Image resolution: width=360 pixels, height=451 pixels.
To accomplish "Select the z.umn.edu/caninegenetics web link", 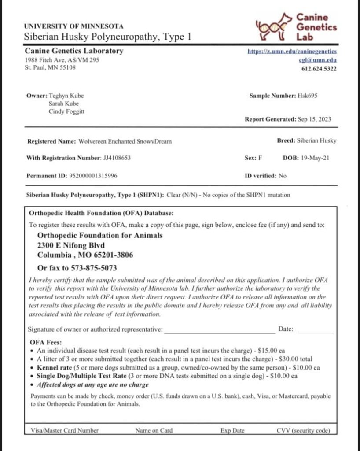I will (293, 52).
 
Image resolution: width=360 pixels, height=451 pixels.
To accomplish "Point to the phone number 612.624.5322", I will (319, 68).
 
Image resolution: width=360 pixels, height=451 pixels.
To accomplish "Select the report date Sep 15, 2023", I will (314, 119).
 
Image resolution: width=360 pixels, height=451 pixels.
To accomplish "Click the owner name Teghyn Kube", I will (66, 96).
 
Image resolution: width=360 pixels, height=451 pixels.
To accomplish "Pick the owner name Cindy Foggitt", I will (66, 111).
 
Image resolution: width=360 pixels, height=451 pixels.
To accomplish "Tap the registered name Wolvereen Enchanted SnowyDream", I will (125, 141).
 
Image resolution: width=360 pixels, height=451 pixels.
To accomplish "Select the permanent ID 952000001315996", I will (93, 175).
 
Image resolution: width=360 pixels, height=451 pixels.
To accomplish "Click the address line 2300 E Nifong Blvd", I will (71, 245).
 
